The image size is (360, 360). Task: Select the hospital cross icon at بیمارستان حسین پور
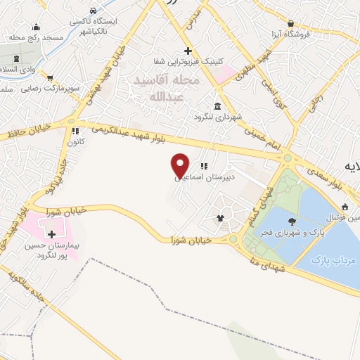[51, 233]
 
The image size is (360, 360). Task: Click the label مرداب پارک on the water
[335, 260]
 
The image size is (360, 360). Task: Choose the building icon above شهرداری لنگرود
[215, 106]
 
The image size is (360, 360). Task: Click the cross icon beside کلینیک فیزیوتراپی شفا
[188, 51]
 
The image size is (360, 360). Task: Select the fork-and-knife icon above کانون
[74, 131]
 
